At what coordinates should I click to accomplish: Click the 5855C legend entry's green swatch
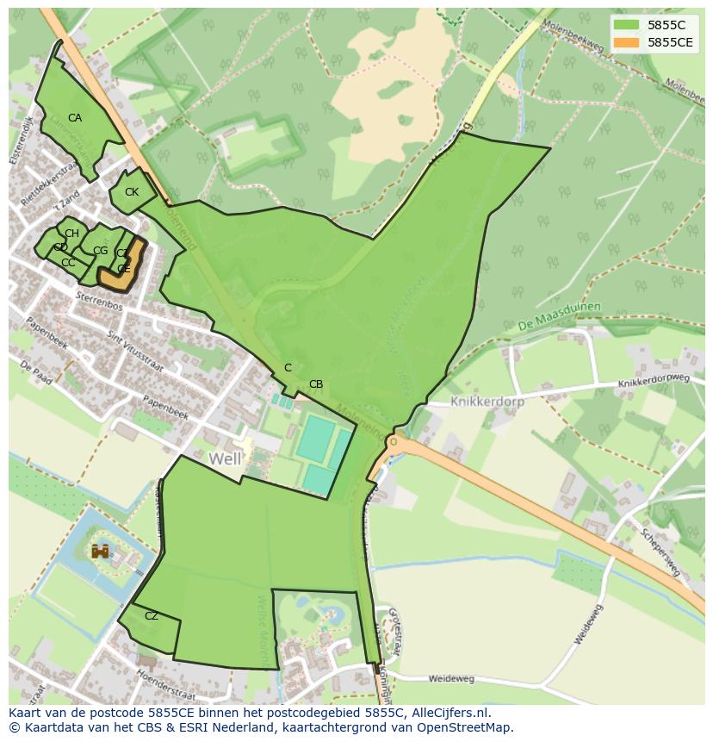[628, 25]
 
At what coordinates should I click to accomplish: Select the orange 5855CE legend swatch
[628, 42]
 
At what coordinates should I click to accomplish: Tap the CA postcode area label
[75, 118]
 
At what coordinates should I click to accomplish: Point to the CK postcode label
[132, 192]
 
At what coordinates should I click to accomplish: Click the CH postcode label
[71, 234]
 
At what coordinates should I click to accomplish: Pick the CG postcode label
[100, 251]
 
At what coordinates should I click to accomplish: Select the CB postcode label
[316, 384]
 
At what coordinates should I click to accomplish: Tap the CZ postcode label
[152, 616]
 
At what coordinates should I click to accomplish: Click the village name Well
[225, 459]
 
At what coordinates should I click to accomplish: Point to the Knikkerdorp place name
[487, 402]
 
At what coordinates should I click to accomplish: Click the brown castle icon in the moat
[101, 550]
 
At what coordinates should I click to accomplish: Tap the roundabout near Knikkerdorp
[394, 442]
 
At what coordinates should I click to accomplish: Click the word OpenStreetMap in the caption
[465, 727]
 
